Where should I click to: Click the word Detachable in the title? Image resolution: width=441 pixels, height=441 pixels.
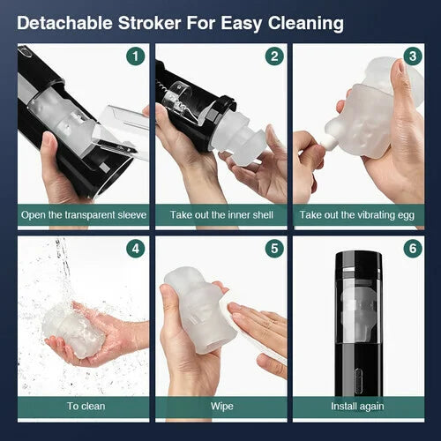coord(64,23)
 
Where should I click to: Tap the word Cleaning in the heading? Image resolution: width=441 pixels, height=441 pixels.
coord(306,24)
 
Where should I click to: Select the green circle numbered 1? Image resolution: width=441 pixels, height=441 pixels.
coord(136,56)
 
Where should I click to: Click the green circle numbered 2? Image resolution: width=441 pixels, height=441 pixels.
coord(274,56)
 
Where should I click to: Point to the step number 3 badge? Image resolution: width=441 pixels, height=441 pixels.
coord(413,56)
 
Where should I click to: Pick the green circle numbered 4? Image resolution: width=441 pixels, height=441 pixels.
coord(136,249)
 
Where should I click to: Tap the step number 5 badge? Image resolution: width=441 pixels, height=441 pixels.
coord(274,249)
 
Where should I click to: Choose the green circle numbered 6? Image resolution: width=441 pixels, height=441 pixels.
coord(413,249)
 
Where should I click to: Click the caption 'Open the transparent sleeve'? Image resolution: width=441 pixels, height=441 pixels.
coord(84,215)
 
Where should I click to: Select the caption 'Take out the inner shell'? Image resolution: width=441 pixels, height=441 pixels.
coord(221,215)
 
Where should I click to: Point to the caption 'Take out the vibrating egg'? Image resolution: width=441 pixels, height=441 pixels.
coord(357,215)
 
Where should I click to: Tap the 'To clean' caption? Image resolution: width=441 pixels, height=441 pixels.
coord(86,407)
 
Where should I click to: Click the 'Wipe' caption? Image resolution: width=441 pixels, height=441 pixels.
coord(222,407)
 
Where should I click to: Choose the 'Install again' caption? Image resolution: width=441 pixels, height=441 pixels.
coord(357,407)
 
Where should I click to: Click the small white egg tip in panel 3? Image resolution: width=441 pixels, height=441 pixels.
coord(327,144)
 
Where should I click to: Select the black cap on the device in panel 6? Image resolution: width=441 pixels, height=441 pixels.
coord(359,259)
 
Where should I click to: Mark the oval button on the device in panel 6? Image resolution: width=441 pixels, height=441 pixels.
coord(358,379)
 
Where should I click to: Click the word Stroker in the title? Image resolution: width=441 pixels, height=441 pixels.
coord(149,23)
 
